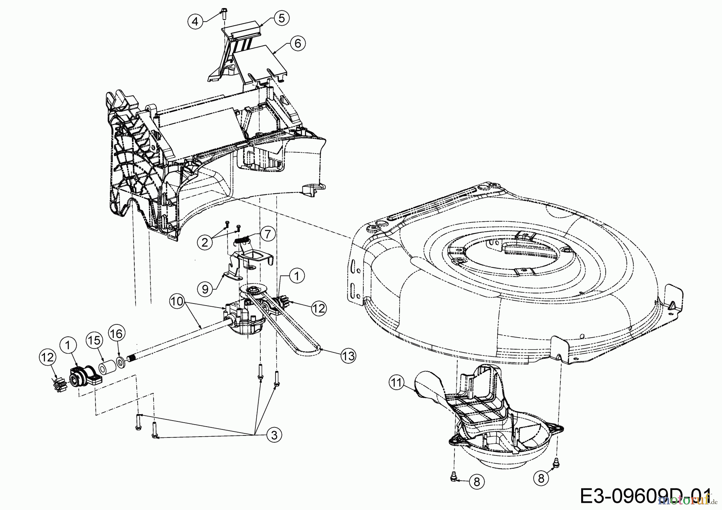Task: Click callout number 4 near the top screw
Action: click(x=195, y=21)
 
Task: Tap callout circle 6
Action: click(x=298, y=43)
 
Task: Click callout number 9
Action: click(x=205, y=289)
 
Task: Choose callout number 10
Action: click(x=177, y=300)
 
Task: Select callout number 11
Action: click(x=396, y=383)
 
